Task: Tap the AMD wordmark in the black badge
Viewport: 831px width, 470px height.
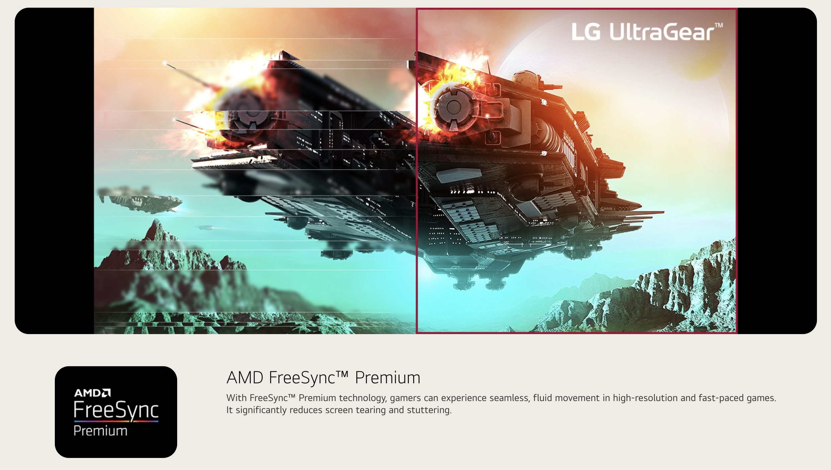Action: [92, 393]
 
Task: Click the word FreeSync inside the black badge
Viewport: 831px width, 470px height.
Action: [116, 410]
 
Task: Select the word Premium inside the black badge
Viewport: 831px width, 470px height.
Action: [100, 431]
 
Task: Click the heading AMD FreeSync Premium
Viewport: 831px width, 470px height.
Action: [323, 378]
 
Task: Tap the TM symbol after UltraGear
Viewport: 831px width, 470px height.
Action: [719, 25]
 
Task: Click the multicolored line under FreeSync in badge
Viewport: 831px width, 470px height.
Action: [116, 421]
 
